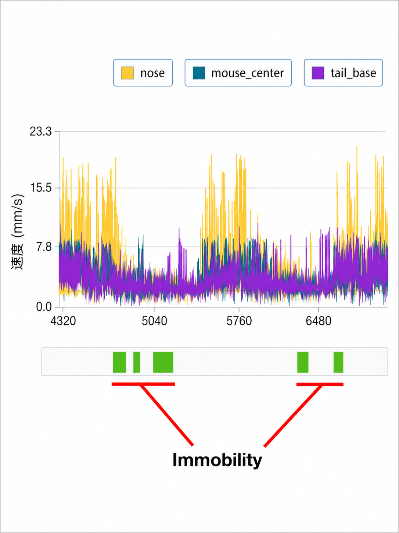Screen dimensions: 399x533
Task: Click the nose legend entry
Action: tap(143, 73)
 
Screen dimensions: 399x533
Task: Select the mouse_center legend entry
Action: tap(238, 73)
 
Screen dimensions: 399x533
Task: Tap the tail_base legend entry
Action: tap(343, 73)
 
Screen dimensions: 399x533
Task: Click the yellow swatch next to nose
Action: tap(127, 73)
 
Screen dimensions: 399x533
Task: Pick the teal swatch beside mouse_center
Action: tap(199, 73)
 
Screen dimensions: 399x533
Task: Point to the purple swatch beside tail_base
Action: tap(318, 73)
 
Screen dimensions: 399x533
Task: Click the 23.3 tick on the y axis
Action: tap(41, 132)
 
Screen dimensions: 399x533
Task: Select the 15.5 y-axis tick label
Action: tap(41, 188)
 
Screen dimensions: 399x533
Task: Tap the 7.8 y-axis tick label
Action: tap(44, 247)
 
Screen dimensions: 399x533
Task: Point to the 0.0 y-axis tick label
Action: tap(44, 307)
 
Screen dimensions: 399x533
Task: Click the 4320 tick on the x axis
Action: tap(63, 321)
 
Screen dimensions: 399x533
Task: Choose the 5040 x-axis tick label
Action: tap(154, 321)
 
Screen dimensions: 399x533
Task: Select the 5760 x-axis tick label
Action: tap(239, 321)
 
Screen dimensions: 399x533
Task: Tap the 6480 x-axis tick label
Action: tap(318, 321)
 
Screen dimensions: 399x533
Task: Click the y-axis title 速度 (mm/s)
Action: tap(17, 232)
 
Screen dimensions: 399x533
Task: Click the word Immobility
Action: tap(217, 460)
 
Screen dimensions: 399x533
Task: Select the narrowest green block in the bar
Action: tap(137, 362)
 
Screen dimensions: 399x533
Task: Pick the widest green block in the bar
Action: tap(163, 362)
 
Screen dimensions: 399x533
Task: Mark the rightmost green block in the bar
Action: tap(338, 362)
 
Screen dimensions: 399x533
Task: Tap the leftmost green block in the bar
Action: tap(119, 362)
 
